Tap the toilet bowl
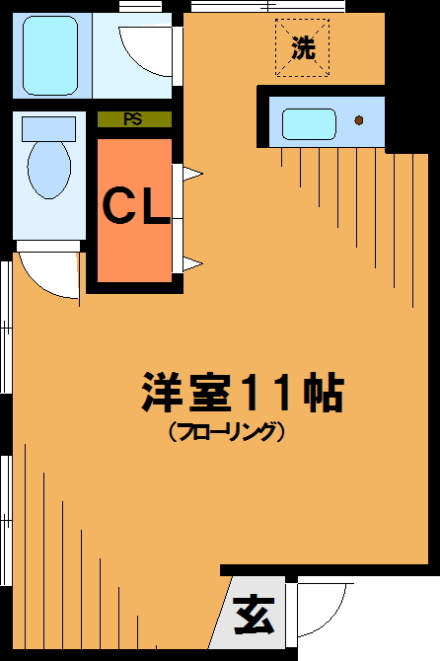point(48,168)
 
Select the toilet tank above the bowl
point(48,127)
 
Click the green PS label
point(133,120)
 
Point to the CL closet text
point(136,207)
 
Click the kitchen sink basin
point(309,123)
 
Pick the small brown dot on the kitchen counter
point(358,120)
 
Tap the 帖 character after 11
point(322,393)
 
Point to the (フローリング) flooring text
point(226,432)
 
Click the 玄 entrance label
point(254,619)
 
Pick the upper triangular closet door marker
point(191,176)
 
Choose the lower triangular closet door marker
point(191,262)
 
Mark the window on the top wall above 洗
point(266,7)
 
